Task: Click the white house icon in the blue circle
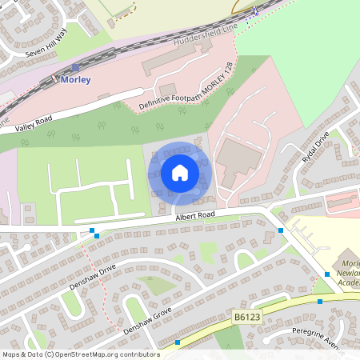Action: (x=179, y=172)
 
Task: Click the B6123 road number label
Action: (x=248, y=318)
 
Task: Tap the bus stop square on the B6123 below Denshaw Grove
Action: (x=178, y=342)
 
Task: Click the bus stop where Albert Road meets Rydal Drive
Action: (x=281, y=230)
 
